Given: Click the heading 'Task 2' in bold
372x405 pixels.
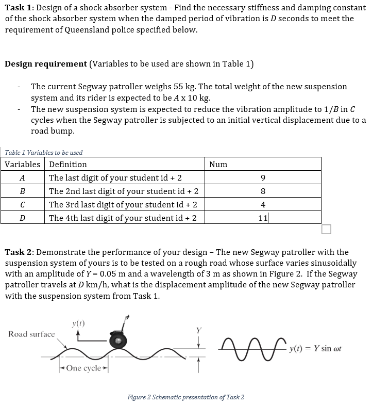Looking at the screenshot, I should click(19, 252).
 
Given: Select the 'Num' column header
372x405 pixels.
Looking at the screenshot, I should click(218, 165).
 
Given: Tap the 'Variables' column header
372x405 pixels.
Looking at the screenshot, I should click(23, 165).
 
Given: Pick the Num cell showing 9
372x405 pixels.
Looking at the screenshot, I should click(263, 178).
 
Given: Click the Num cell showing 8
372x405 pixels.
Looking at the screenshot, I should click(263, 191).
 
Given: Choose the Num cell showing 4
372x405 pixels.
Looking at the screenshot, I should click(263, 204).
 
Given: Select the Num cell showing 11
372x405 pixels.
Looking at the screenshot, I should click(263, 218).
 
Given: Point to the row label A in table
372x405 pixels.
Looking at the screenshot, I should click(22, 178).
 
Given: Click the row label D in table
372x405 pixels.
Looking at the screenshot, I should click(22, 218).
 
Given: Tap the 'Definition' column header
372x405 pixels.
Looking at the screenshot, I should click(68, 165).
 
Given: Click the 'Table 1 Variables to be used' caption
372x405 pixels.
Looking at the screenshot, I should click(44, 153).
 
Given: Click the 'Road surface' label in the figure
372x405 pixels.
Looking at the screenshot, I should click(31, 334).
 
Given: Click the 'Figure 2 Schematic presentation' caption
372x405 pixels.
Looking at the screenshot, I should click(186, 397).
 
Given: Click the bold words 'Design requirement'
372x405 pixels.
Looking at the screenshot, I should click(46, 64).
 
